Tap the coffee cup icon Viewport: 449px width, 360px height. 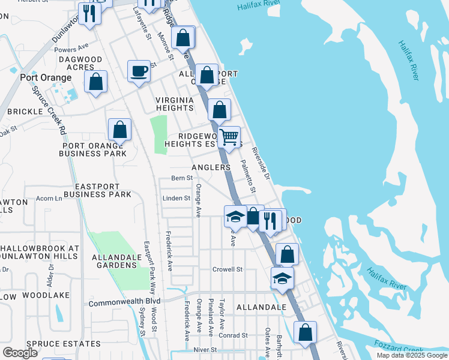139,71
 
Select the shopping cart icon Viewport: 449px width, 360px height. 229,137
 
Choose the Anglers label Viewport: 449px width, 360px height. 211,167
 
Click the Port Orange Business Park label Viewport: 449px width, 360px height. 93,149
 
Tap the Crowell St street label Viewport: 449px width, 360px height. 227,269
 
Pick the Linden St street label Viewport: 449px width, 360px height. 176,198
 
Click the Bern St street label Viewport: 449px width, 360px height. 182,178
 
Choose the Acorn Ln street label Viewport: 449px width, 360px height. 49,198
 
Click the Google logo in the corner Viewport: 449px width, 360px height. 20,353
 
